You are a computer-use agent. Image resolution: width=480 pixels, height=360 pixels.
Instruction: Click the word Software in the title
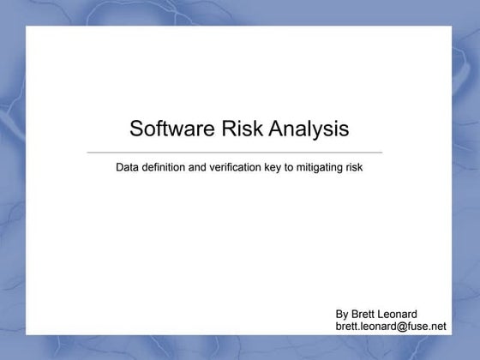click(168, 129)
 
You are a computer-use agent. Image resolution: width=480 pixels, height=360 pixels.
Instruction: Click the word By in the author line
click(343, 315)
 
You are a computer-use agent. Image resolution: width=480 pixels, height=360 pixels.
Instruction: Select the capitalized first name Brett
click(366, 315)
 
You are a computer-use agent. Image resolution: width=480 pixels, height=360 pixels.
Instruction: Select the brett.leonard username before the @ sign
click(368, 327)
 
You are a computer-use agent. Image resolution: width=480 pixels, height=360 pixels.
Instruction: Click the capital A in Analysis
click(276, 129)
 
